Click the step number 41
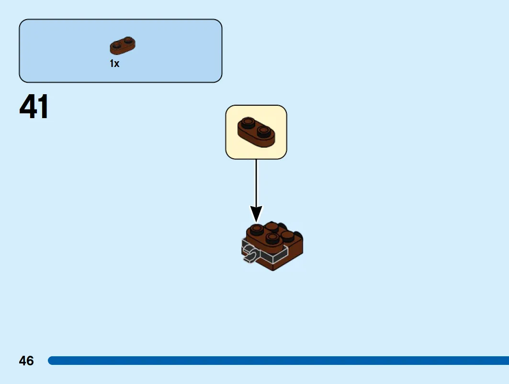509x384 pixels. [x=34, y=106]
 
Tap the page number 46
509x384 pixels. [x=26, y=361]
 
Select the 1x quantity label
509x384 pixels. [x=114, y=64]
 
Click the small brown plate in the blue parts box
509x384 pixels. [x=123, y=46]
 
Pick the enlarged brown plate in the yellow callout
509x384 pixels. [x=256, y=132]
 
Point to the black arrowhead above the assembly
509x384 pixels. [x=256, y=214]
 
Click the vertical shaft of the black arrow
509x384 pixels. [x=256, y=183]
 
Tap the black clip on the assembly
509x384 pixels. [x=250, y=253]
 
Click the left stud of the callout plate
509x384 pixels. [x=249, y=122]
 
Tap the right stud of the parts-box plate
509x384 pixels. [x=128, y=40]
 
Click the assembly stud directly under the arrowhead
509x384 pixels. [x=257, y=229]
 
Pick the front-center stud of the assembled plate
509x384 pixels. [x=272, y=238]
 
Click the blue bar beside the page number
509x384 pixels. [x=278, y=361]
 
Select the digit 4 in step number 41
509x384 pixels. [x=27, y=106]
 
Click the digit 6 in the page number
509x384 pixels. [x=30, y=361]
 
